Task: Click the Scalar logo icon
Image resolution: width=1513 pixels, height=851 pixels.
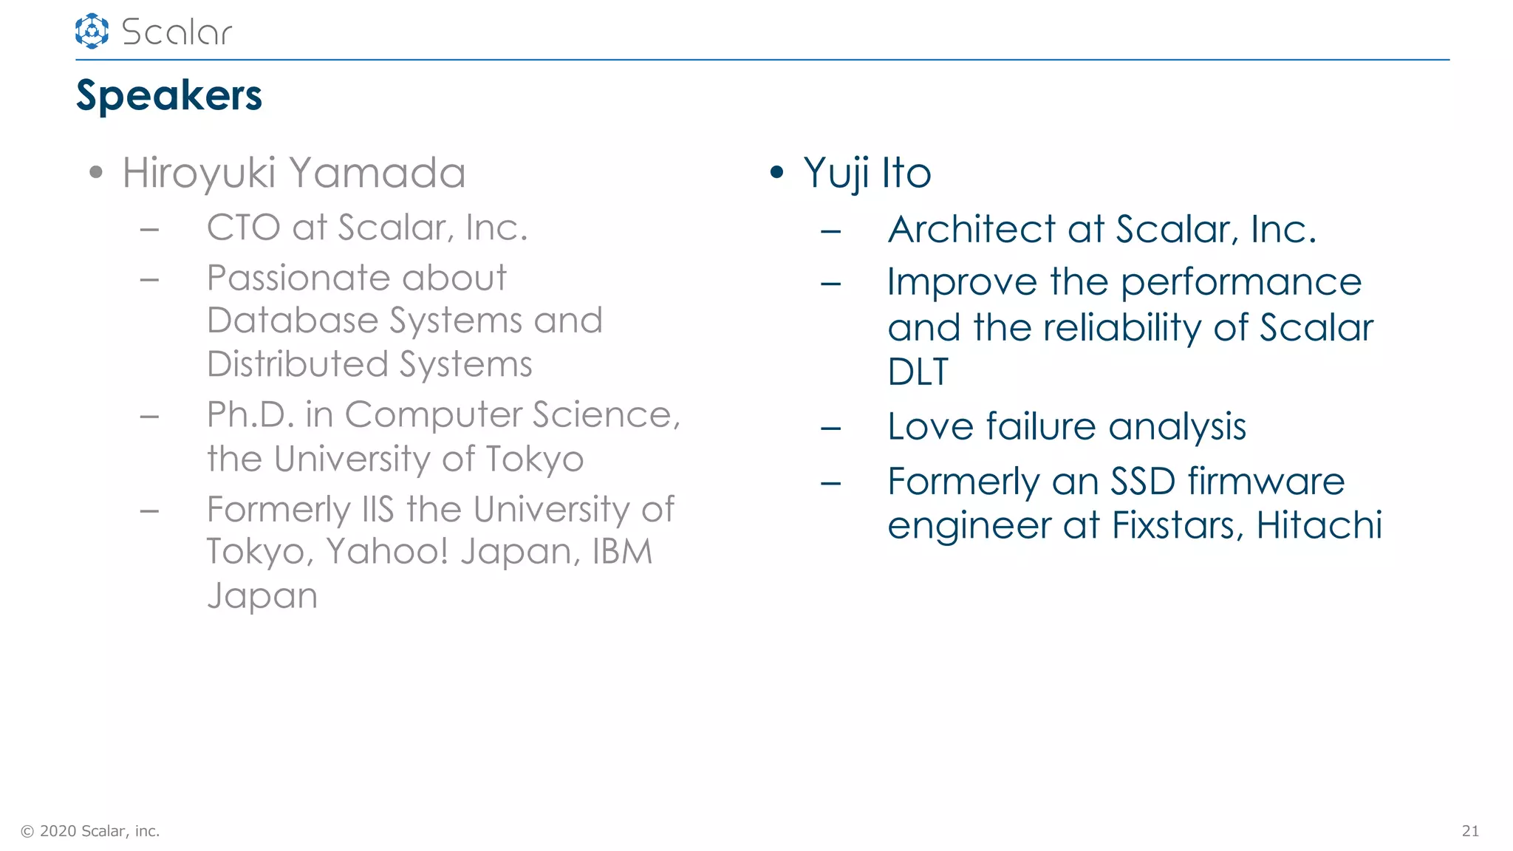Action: [x=92, y=31]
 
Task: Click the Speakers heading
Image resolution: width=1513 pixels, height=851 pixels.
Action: [x=168, y=95]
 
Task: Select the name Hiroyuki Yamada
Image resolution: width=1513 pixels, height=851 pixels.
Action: [x=293, y=173]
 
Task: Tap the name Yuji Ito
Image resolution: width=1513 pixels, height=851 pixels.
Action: [x=867, y=173]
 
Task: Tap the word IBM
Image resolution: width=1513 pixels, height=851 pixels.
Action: [x=622, y=552]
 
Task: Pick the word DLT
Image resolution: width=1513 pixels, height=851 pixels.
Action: [x=917, y=372]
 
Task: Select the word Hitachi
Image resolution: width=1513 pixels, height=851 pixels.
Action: [x=1319, y=525]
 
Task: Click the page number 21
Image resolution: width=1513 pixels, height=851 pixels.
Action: [x=1470, y=831]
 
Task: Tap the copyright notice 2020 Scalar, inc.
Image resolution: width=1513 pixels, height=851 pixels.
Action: [x=91, y=831]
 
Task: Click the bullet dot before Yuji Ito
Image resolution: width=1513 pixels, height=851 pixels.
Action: [x=776, y=173]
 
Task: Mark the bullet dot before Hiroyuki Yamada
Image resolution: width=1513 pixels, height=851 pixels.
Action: [x=95, y=173]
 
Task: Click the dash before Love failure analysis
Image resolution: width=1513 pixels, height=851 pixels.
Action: [x=830, y=428]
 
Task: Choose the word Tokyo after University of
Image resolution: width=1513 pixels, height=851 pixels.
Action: [x=534, y=459]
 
